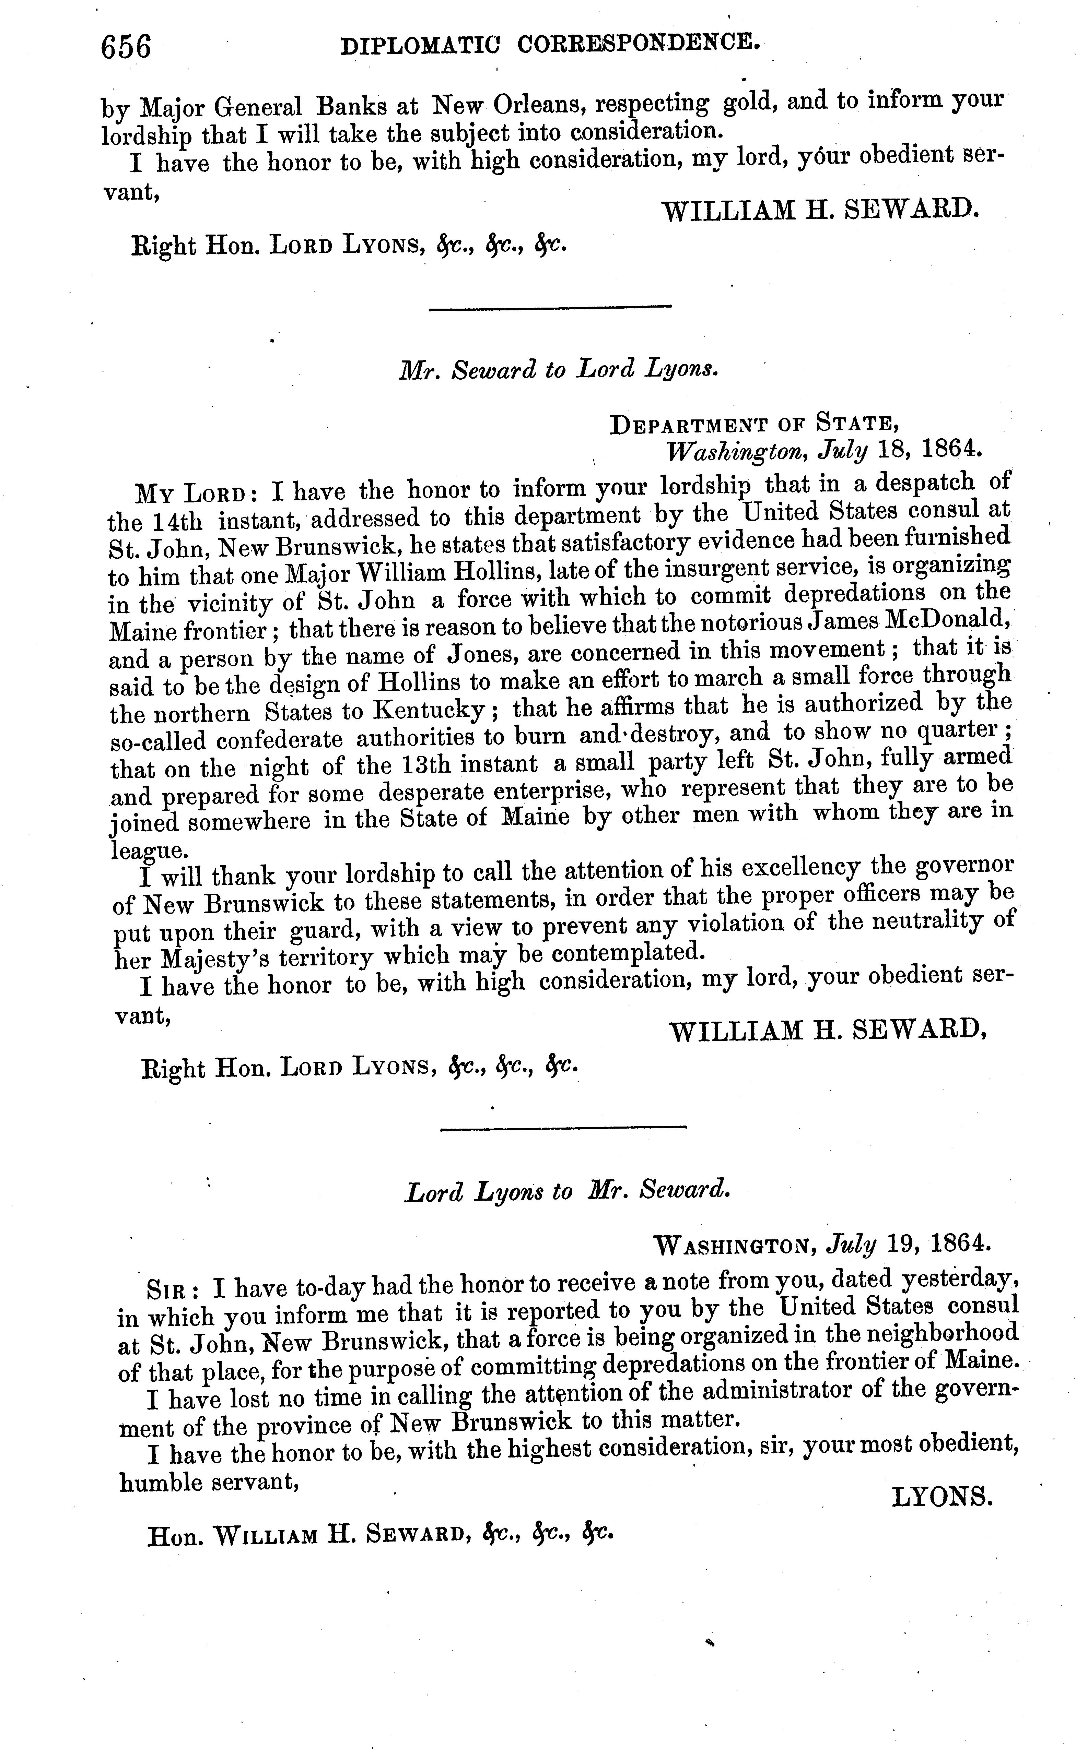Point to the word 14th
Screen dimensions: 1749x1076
pyautogui.click(x=176, y=521)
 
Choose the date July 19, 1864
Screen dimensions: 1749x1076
pyautogui.click(x=907, y=1244)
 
